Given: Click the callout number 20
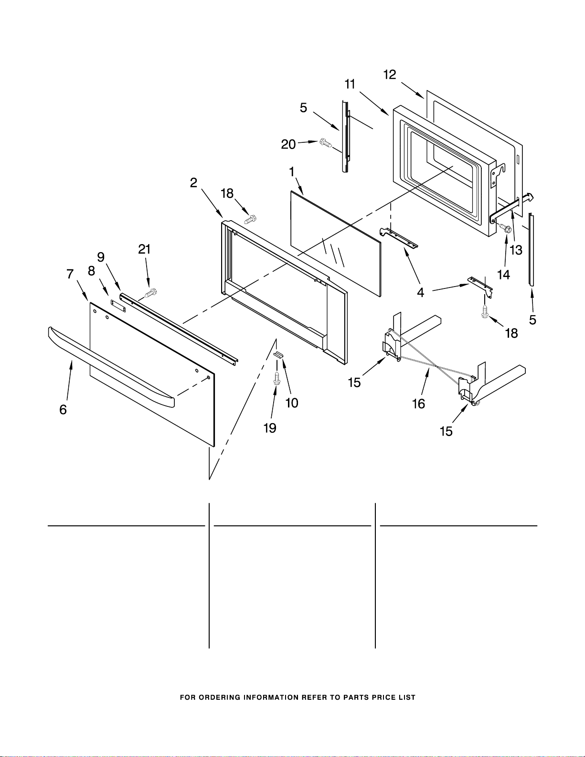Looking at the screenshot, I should (x=288, y=144).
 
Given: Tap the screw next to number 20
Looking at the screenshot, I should (x=326, y=142).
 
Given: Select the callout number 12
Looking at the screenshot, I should (x=390, y=75).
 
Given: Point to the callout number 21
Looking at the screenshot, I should (x=144, y=249).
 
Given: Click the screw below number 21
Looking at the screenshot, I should (x=151, y=293).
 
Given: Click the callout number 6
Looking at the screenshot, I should (x=63, y=409).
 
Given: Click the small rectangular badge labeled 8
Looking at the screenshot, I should (x=118, y=306).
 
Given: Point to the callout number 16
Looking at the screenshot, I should (x=418, y=404).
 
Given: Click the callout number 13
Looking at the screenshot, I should (x=516, y=250).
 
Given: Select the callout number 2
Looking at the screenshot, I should (x=193, y=183).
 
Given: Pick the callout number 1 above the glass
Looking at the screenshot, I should (x=292, y=172).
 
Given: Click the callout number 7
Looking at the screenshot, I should (x=70, y=274).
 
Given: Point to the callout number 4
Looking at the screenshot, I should (x=420, y=292).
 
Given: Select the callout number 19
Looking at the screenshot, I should (x=270, y=428).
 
